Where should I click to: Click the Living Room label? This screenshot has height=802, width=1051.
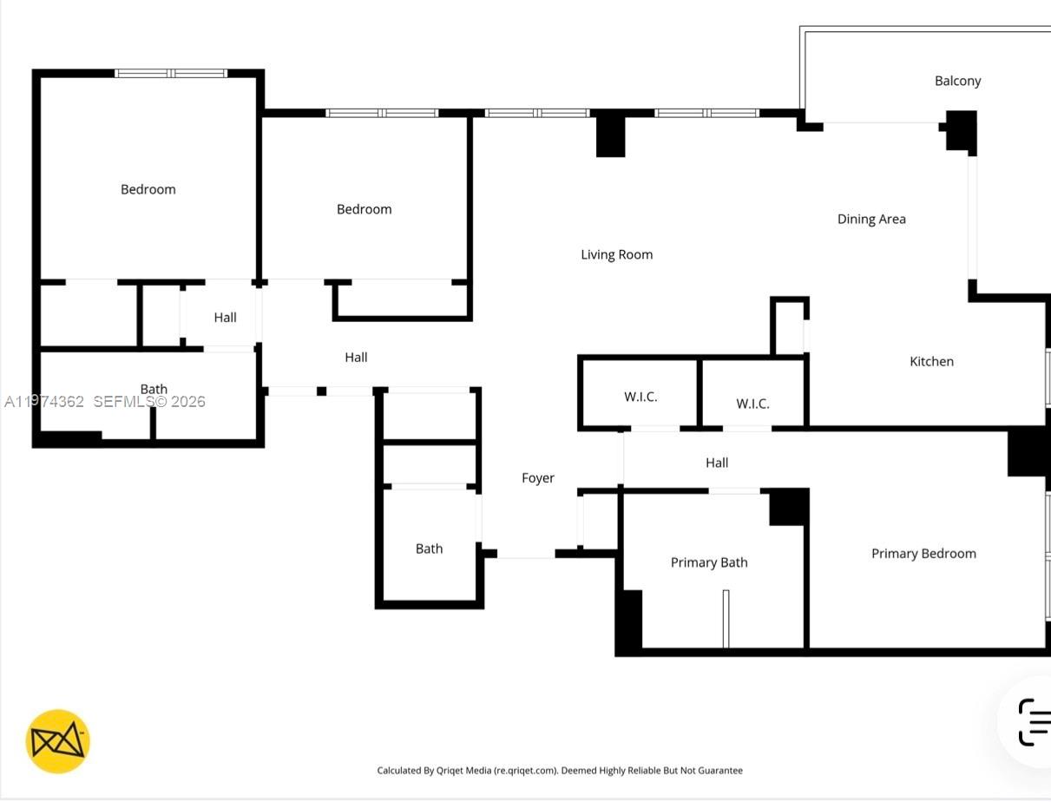(616, 254)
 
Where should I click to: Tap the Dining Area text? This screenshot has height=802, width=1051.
(870, 219)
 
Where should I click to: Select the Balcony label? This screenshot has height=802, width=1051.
(957, 81)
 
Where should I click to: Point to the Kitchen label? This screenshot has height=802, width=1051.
(931, 361)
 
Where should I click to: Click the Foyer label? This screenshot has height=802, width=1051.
(537, 478)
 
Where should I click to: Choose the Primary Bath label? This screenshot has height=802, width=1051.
(708, 562)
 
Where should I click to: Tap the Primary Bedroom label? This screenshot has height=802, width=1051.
(923, 554)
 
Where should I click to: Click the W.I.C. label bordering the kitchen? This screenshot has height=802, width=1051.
(752, 404)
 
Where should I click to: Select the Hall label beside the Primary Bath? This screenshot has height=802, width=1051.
(717, 463)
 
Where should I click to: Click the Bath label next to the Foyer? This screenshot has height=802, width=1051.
(429, 549)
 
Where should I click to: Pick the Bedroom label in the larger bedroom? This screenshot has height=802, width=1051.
(148, 189)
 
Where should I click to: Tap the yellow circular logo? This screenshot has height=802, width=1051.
(58, 741)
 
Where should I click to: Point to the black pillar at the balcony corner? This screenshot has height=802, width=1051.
(961, 130)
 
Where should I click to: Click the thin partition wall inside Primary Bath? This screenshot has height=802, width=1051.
(726, 618)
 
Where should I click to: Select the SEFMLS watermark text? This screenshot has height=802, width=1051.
(148, 401)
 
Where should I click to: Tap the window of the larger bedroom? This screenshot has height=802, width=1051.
(171, 74)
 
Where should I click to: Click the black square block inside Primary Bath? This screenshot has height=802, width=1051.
(788, 507)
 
